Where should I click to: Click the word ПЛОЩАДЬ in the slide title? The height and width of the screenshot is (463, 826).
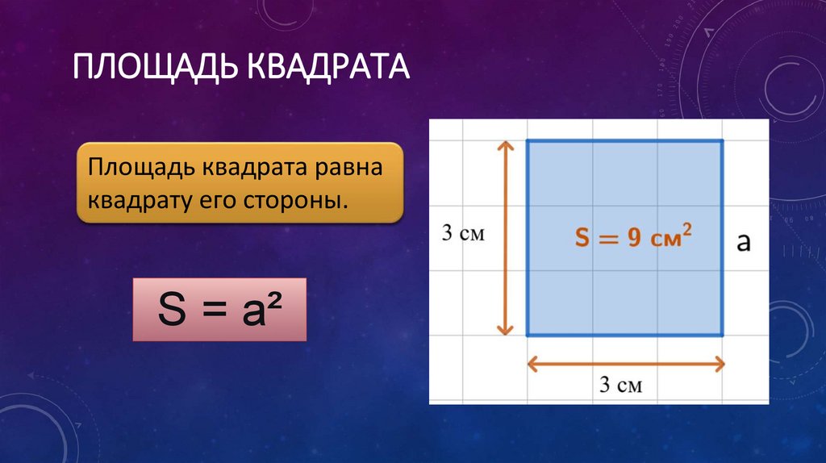[x=154, y=67]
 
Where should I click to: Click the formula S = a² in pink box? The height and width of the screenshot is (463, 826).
[x=219, y=311]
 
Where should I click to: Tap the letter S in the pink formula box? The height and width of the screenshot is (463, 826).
[x=172, y=311]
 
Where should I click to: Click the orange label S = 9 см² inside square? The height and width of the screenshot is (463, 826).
[x=633, y=237]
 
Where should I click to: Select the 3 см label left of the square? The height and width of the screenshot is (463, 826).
[x=462, y=234]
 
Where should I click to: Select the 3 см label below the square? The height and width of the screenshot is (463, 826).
[x=621, y=385]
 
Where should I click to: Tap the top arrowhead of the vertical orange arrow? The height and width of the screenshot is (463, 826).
[x=505, y=144]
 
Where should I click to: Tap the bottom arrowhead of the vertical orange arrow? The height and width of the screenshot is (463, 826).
[x=505, y=330]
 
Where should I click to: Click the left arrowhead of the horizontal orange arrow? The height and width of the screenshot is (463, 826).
[x=532, y=364]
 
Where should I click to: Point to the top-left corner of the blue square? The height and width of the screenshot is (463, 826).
[x=528, y=141]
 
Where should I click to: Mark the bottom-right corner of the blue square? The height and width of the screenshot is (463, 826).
[x=722, y=335]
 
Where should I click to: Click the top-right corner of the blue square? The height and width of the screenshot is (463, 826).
[x=722, y=141]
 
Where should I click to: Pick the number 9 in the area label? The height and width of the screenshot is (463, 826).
[x=634, y=238]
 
